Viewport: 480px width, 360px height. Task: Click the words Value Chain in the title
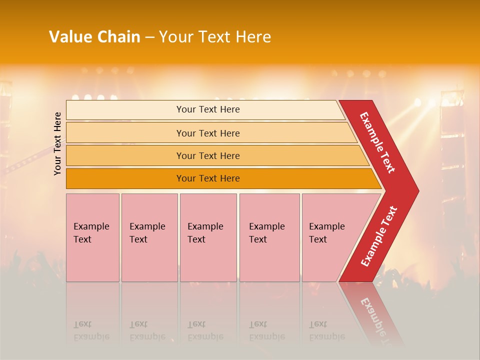(x=94, y=37)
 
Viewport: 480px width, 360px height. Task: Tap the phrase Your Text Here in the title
(x=215, y=37)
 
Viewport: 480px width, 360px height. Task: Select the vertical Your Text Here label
(x=57, y=143)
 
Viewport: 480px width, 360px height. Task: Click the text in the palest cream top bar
(x=208, y=109)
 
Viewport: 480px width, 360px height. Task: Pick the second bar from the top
(x=208, y=133)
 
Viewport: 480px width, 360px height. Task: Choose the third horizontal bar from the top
(x=208, y=155)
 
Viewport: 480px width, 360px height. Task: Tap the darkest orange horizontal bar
(x=208, y=178)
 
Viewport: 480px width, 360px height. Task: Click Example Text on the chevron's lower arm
(x=379, y=236)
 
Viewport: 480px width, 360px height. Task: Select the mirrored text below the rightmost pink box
(x=326, y=330)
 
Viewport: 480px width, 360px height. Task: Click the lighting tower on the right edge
(x=452, y=150)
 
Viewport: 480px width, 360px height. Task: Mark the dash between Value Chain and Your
(x=149, y=37)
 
